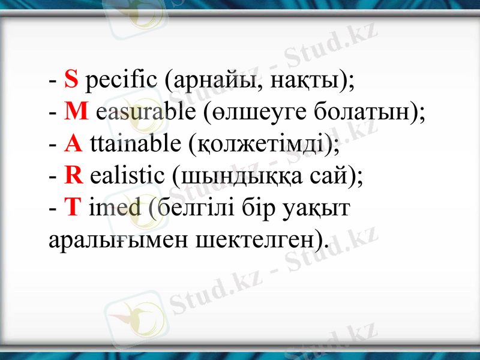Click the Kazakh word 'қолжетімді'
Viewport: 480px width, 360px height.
pos(262,146)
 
